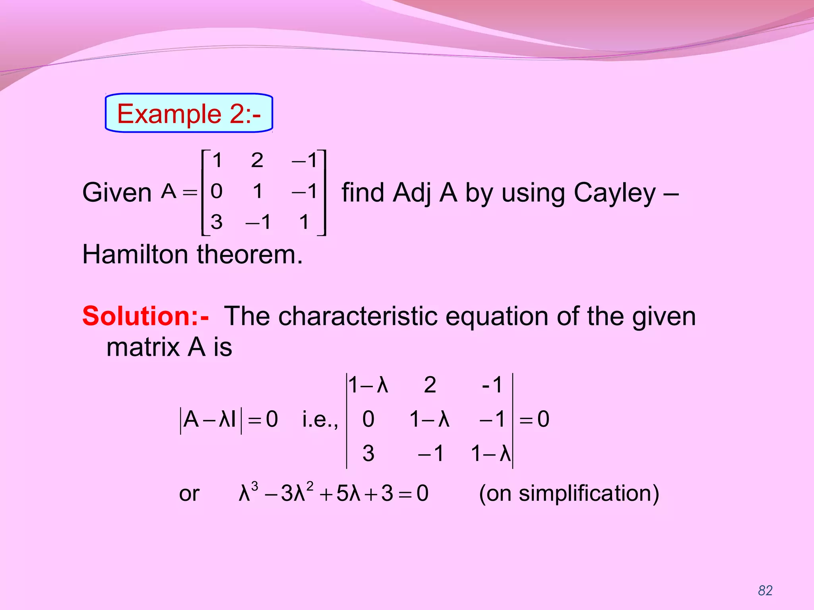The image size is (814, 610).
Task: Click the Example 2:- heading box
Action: coord(189,113)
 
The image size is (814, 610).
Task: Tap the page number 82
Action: coord(765,591)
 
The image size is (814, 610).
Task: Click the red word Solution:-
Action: coord(145,316)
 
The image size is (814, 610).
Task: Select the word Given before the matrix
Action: coord(117,193)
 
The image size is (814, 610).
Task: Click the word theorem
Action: coord(250,254)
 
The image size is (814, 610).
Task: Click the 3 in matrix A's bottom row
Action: coord(217,222)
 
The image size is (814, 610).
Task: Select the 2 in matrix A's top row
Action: coord(257,160)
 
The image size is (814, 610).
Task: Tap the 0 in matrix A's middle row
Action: coord(217,191)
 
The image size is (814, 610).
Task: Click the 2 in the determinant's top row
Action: coord(430,385)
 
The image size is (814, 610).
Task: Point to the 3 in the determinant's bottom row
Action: coord(368,453)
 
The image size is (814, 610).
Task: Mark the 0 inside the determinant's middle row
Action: coord(368,419)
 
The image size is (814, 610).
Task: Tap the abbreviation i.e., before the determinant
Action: coord(320,419)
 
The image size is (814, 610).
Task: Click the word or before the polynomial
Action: coord(189,494)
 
